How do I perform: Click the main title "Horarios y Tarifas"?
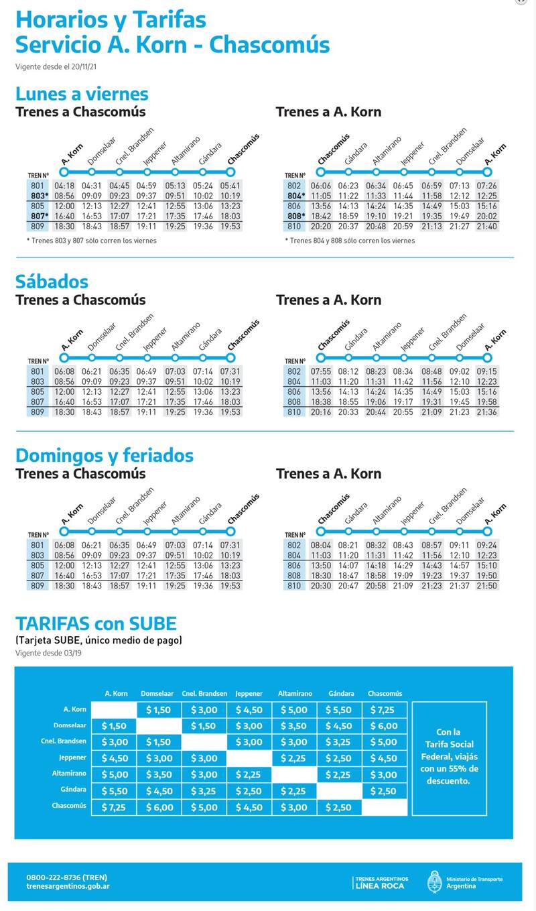tap(111, 20)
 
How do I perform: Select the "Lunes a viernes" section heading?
tap(82, 94)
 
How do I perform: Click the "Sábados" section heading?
tap(52, 282)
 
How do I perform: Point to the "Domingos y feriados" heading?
tap(104, 456)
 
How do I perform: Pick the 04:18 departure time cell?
tap(64, 186)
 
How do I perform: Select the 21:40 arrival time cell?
tap(487, 227)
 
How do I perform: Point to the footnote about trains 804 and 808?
tap(349, 241)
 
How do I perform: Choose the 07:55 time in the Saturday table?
tap(321, 371)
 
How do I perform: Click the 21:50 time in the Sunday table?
tap(487, 586)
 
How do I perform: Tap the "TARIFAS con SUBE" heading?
tap(96, 624)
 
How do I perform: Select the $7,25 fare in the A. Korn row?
tap(385, 710)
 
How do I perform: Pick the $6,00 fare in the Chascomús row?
tap(158, 807)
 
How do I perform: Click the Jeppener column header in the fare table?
tap(249, 694)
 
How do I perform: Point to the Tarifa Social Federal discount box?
tap(449, 757)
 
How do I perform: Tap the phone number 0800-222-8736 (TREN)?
tap(66, 877)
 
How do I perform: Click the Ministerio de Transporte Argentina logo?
tap(465, 882)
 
